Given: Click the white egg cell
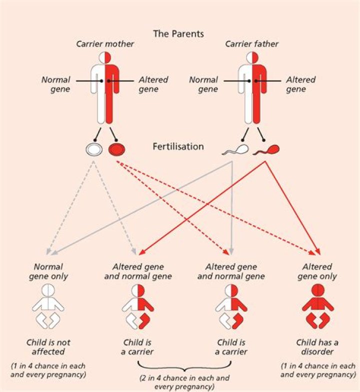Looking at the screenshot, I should click(94, 148).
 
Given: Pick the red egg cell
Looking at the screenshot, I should click(117, 148).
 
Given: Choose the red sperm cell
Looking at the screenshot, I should click(266, 149).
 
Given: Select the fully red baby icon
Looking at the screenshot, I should click(317, 306).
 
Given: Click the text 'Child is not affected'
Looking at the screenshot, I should click(48, 347).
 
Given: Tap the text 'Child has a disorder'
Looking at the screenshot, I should click(317, 347).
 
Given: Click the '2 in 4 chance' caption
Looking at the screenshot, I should click(185, 382).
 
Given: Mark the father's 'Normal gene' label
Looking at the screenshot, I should click(203, 84).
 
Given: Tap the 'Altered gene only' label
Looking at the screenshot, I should click(317, 272).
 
